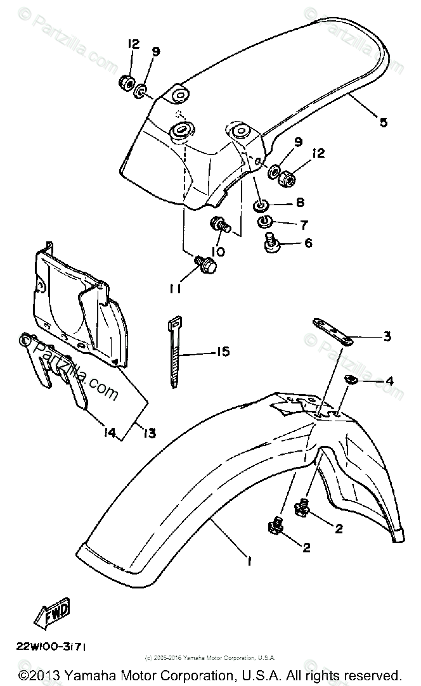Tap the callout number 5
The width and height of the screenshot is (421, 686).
pos(383,122)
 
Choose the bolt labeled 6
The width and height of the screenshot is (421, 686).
pos(272,241)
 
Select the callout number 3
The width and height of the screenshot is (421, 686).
pos(387,336)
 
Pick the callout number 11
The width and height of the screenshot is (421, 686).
pos(176,289)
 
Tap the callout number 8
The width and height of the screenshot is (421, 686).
pos(300,203)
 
